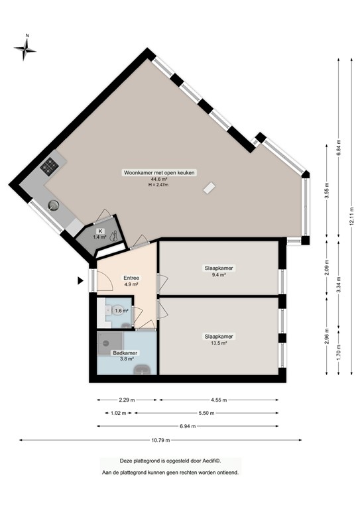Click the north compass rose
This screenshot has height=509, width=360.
26,47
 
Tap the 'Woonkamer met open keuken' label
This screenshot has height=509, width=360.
159,172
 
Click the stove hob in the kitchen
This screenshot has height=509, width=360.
50,166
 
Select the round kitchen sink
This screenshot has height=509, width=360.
54,205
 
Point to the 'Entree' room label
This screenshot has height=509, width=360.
131,278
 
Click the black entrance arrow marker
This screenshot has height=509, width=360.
80,280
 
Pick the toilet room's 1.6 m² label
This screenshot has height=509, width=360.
121,310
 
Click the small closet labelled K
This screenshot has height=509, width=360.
99,233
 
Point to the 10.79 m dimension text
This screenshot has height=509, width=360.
160,440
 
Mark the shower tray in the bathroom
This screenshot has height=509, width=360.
109,341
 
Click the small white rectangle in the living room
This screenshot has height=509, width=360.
209,188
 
